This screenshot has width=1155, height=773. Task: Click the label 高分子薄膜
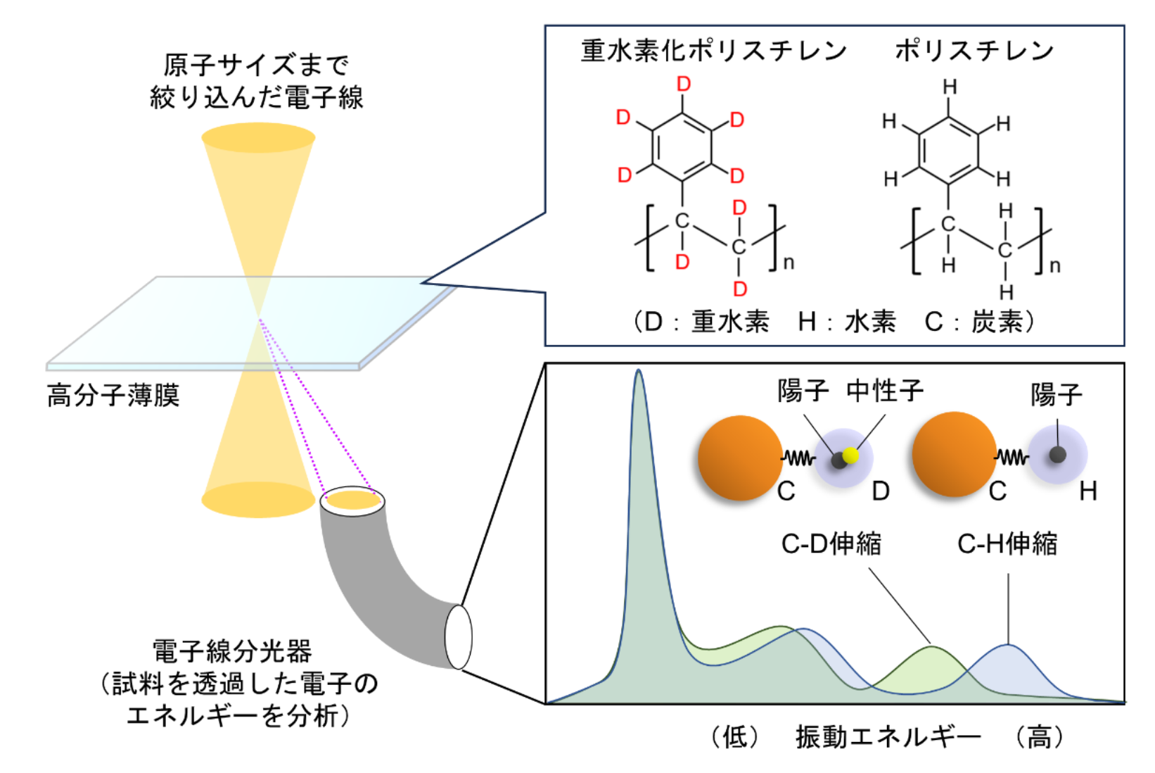113,396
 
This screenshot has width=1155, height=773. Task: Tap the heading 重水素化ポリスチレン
713,51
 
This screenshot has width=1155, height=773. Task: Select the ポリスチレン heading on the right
974,51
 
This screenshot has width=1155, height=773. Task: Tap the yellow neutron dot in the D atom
851,455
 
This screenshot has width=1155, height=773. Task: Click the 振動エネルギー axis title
888,737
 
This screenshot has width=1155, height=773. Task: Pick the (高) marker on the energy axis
1040,737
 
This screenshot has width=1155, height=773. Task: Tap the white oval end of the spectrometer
458,636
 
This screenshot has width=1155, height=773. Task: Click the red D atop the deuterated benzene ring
683,84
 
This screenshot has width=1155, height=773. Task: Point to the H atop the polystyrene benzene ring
950,87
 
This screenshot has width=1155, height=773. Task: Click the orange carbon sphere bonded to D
739,458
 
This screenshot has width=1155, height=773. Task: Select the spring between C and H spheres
1012,458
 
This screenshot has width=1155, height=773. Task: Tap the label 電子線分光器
232,651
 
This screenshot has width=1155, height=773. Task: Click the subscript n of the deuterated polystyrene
789,263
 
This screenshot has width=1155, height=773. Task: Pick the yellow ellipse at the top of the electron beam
258,138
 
